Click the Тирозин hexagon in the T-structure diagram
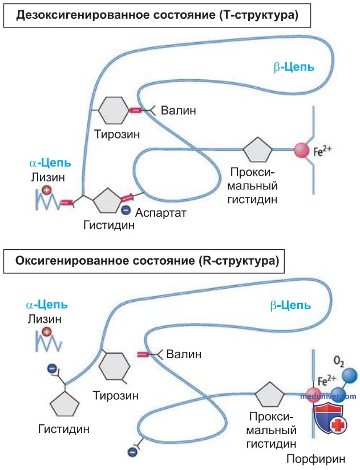pyautogui.click(x=114, y=110)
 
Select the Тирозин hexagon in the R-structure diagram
pyautogui.click(x=114, y=367)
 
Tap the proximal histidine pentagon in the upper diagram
pyautogui.click(x=257, y=149)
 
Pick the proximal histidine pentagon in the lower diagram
pyautogui.click(x=269, y=394)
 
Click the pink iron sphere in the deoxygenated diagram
pyautogui.click(x=302, y=150)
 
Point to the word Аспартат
pyautogui.click(x=161, y=213)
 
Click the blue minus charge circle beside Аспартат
pyautogui.click(x=126, y=210)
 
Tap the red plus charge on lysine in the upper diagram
pyautogui.click(x=46, y=190)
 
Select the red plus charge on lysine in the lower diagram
pyautogui.click(x=46, y=332)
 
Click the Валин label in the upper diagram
pyautogui.click(x=179, y=110)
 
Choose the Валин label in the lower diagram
pyautogui.click(x=184, y=354)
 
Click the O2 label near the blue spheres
pyautogui.click(x=339, y=362)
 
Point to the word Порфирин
pyautogui.click(x=316, y=459)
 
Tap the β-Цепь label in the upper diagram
pyautogui.click(x=294, y=67)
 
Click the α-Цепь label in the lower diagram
pyautogui.click(x=47, y=305)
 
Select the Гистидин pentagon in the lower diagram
pyautogui.click(x=64, y=403)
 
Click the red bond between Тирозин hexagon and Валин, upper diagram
pyautogui.click(x=135, y=111)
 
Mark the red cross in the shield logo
pyautogui.click(x=338, y=425)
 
